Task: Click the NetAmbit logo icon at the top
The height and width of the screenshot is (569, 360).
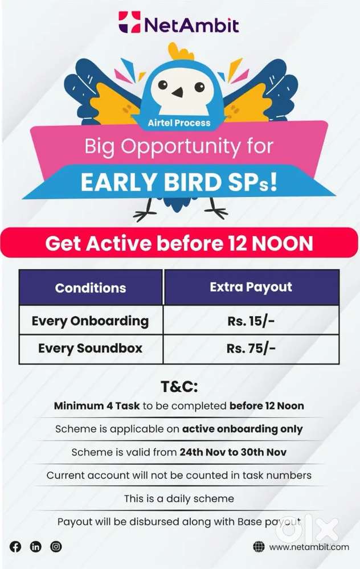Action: [129, 23]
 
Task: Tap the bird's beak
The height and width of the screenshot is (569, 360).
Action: [179, 92]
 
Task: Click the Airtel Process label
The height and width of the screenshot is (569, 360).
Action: [179, 122]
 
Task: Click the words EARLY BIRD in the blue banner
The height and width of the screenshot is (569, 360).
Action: [156, 182]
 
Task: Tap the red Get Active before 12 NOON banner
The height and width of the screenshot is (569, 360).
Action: [179, 244]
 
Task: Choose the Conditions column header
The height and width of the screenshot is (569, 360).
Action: [91, 288]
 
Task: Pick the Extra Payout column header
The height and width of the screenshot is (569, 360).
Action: [251, 287]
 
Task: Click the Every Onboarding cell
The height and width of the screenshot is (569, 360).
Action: [90, 321]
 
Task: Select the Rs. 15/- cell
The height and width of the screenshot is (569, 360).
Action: [251, 321]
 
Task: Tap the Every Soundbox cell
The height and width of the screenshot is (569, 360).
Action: [90, 348]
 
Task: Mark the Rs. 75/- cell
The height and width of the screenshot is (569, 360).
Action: [251, 349]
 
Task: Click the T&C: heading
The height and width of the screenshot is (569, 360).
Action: [179, 387]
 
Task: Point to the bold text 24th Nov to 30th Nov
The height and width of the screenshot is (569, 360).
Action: [233, 452]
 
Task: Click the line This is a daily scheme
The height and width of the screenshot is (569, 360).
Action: [179, 498]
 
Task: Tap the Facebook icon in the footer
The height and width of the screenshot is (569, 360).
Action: [15, 547]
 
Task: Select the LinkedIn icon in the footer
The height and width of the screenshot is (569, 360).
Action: [36, 547]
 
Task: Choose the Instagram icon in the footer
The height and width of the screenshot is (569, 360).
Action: [56, 547]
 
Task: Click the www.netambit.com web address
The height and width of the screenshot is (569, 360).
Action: [309, 547]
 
